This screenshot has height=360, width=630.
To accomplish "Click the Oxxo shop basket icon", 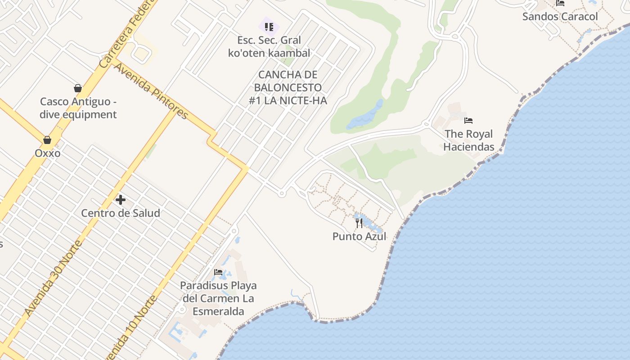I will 47,140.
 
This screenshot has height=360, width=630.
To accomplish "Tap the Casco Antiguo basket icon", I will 78,88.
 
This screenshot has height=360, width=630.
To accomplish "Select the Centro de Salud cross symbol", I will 120,199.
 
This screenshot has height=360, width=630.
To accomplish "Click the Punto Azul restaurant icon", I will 359,223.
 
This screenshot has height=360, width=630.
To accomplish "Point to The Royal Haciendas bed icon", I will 468,121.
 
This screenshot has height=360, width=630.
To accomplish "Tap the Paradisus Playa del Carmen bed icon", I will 218,272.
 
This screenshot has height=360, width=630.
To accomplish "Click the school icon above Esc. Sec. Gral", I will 269,27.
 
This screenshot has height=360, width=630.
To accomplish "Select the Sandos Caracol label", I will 560,17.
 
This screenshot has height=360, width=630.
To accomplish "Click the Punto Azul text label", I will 359,236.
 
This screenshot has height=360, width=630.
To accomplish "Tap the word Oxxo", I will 47,153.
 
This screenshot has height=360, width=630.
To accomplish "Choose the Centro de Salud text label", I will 120,213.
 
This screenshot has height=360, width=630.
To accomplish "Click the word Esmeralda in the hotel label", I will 218,311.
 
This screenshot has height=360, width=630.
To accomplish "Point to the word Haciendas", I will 468,147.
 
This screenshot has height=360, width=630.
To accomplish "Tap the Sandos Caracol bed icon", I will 560,3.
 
